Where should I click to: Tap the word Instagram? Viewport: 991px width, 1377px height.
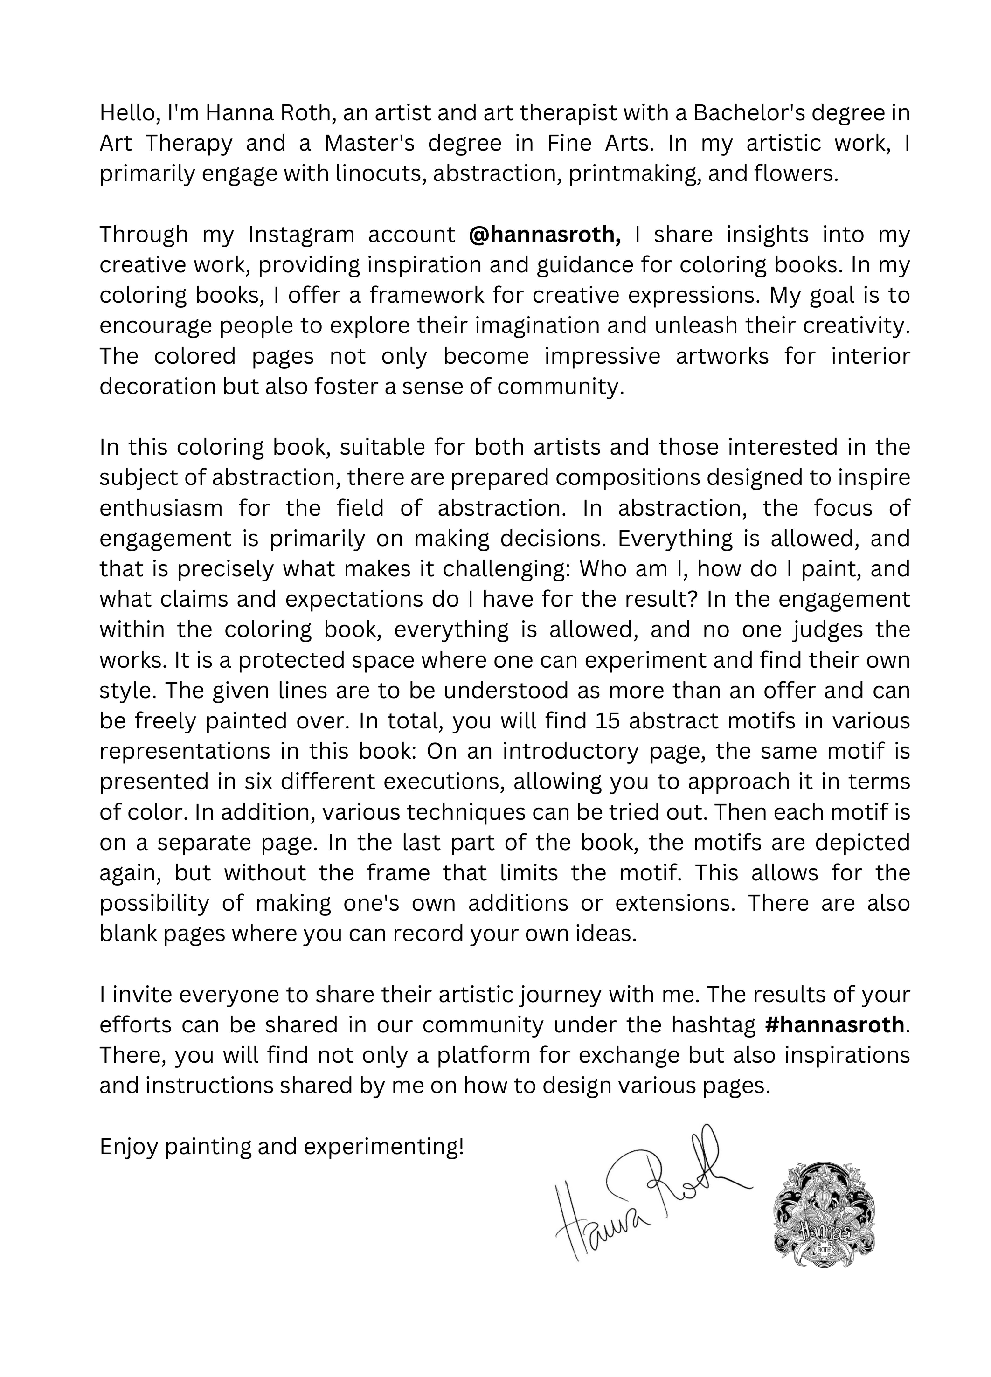pyautogui.click(x=301, y=234)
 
